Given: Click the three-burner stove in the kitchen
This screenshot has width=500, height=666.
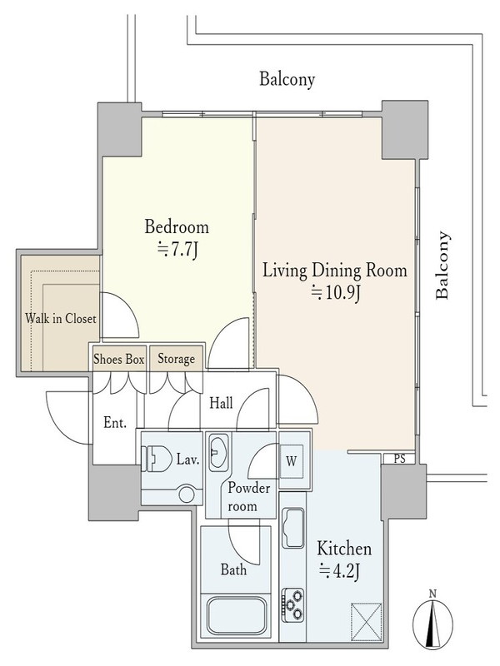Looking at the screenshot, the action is (x=292, y=605).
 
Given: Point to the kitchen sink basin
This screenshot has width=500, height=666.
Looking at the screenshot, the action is (x=293, y=528).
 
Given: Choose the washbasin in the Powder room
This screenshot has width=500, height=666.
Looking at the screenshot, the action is (x=219, y=452).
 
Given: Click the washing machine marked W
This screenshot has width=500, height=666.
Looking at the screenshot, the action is (x=291, y=461).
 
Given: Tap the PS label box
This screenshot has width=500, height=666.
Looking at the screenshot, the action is (x=399, y=459).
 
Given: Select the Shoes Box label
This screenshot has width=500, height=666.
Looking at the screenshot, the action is (x=119, y=360).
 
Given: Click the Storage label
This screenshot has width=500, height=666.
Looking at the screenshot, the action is (x=176, y=360).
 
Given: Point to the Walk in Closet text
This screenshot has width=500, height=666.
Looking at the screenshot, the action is (x=60, y=319).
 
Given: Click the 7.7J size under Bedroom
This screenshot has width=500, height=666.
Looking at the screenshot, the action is (x=177, y=251).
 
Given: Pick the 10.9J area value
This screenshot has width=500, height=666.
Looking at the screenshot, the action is (x=336, y=293).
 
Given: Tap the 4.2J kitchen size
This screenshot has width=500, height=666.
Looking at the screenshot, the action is (x=340, y=571).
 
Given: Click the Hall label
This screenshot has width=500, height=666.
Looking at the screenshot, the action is (x=221, y=403).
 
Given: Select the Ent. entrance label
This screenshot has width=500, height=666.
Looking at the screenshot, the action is (x=115, y=422).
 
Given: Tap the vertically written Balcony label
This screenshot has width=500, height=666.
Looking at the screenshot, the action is (x=442, y=266).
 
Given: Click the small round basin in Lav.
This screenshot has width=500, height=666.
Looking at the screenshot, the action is (x=186, y=495).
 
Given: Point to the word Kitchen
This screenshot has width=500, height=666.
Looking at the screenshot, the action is (x=344, y=549).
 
